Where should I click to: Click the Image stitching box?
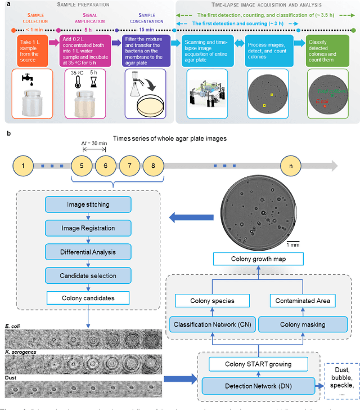pos(88,204)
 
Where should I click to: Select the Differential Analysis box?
pos(88,252)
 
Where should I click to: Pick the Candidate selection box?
pos(88,275)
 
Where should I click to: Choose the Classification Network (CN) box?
pos(209,325)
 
